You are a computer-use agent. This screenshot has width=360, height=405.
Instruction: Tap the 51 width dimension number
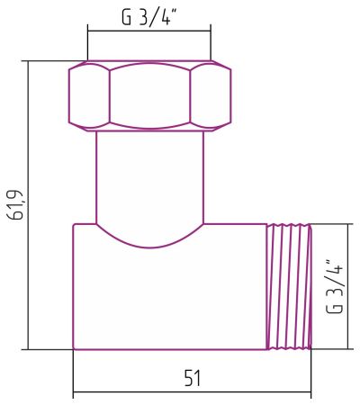(192, 378)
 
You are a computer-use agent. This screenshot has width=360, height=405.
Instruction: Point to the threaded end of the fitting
(288, 286)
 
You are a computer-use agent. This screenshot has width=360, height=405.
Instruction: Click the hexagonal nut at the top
(149, 94)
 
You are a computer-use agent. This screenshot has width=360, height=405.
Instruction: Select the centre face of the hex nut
(149, 94)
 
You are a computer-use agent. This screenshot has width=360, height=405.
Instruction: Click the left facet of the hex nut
(89, 94)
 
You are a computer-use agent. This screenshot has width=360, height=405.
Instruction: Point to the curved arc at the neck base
(149, 243)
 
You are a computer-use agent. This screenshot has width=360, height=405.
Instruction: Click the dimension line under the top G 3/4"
(149, 30)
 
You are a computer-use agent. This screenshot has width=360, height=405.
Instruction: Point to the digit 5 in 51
(186, 378)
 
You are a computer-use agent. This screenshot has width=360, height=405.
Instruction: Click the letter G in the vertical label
(335, 307)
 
